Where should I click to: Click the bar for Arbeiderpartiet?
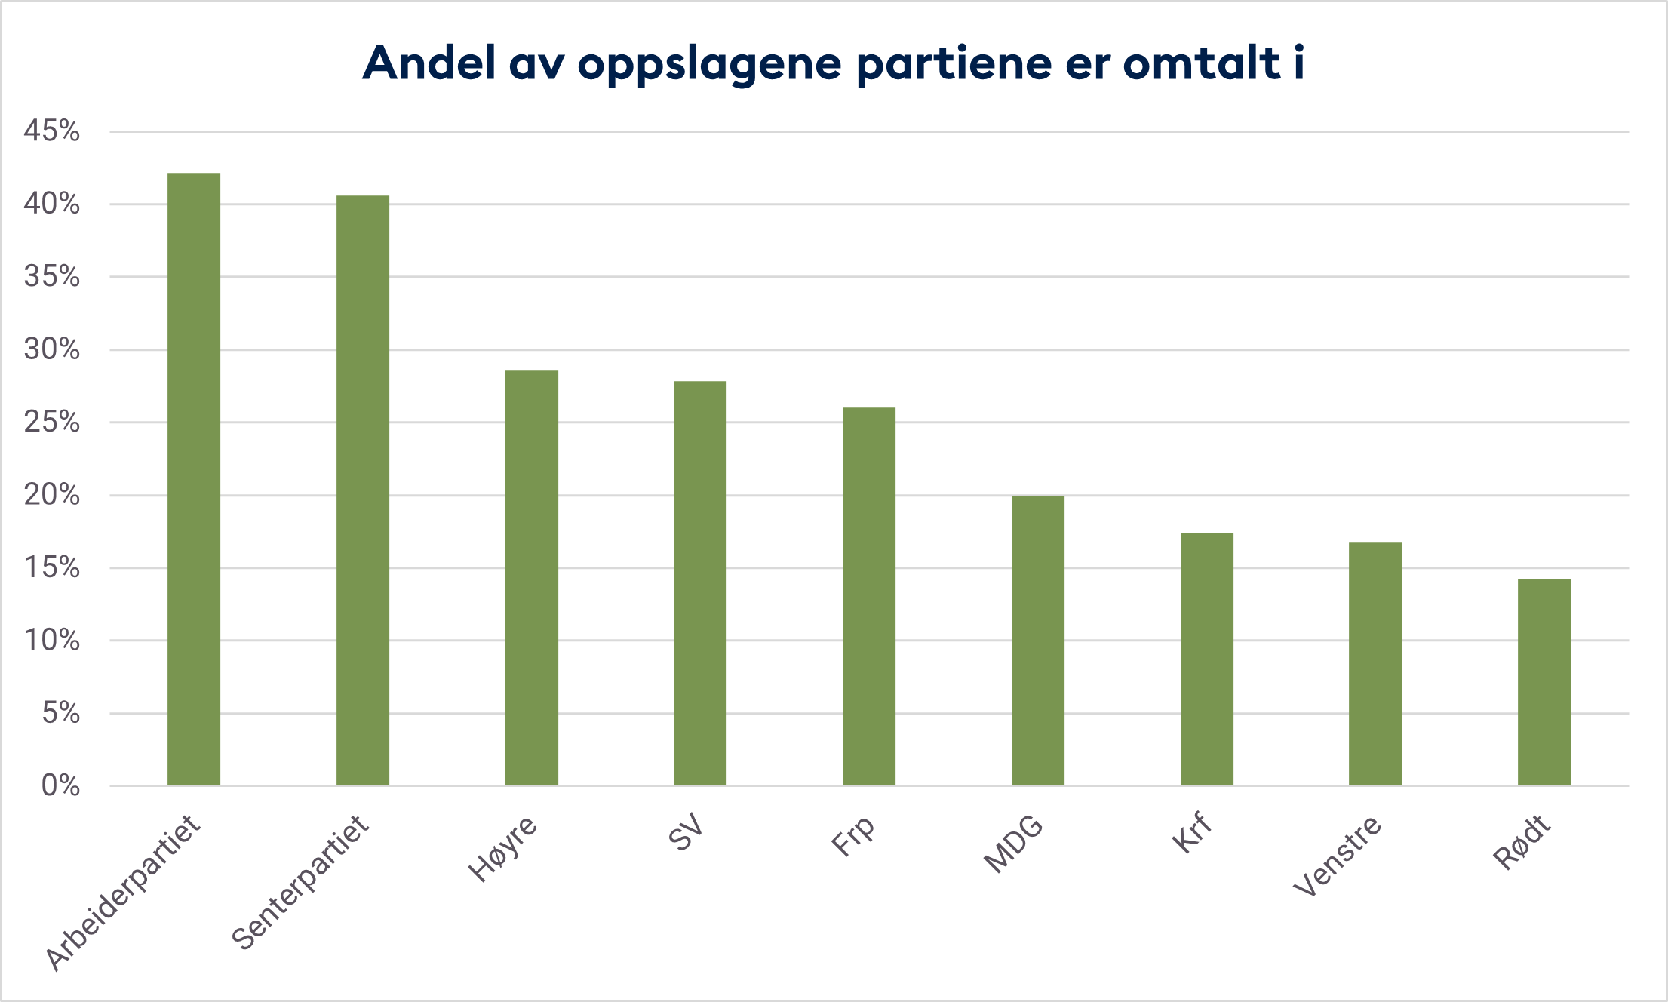[194, 479]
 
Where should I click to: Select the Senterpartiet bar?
[363, 490]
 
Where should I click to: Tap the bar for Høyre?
[531, 578]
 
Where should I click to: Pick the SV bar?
[700, 583]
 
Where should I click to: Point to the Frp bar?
[869, 596]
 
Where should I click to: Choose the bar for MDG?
[1038, 641]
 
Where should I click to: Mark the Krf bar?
[1207, 659]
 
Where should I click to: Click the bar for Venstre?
[1375, 664]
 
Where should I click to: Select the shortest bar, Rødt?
[1544, 682]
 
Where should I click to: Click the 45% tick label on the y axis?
[51, 131]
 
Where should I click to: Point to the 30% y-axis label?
[51, 349]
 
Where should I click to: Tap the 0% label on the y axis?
[60, 785]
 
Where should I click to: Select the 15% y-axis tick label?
[51, 567]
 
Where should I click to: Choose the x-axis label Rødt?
[1522, 842]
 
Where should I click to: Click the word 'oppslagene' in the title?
[709, 64]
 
